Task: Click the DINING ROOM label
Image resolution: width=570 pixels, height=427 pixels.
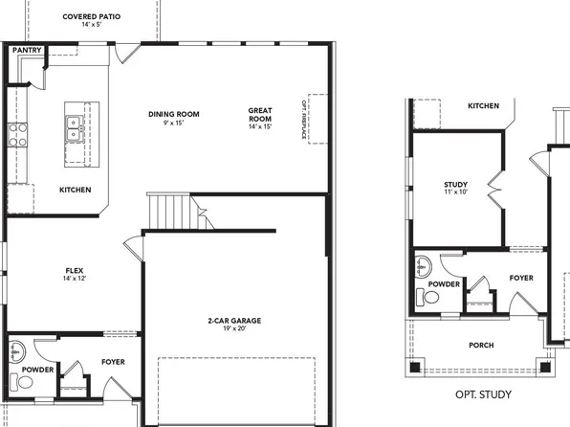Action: pyautogui.click(x=173, y=115)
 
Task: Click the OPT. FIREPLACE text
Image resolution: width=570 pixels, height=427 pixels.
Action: pyautogui.click(x=305, y=119)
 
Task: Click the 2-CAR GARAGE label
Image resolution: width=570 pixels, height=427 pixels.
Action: pyautogui.click(x=233, y=321)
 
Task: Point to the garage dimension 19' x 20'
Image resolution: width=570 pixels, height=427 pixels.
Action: pyautogui.click(x=233, y=329)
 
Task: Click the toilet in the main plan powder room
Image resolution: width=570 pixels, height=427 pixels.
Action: pyautogui.click(x=23, y=382)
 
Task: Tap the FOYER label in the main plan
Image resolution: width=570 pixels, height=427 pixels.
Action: pyautogui.click(x=113, y=362)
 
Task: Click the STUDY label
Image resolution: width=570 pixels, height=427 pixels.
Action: pyautogui.click(x=455, y=184)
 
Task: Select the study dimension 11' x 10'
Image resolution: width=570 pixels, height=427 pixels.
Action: pyautogui.click(x=455, y=193)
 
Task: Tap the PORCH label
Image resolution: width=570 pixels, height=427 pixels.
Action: pyautogui.click(x=481, y=346)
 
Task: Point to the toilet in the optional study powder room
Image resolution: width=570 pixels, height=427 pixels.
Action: pyautogui.click(x=429, y=299)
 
